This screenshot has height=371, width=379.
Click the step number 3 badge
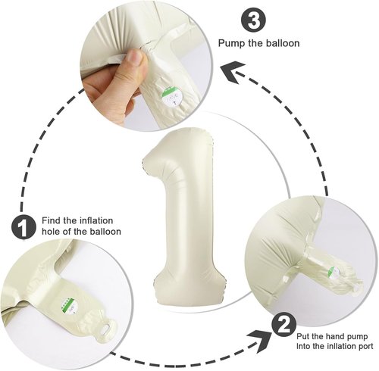(254, 20)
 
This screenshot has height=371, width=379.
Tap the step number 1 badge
(23, 226)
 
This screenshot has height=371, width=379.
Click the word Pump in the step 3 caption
(231, 43)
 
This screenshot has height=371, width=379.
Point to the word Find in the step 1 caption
(52, 220)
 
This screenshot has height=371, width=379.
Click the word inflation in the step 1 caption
(96, 220)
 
